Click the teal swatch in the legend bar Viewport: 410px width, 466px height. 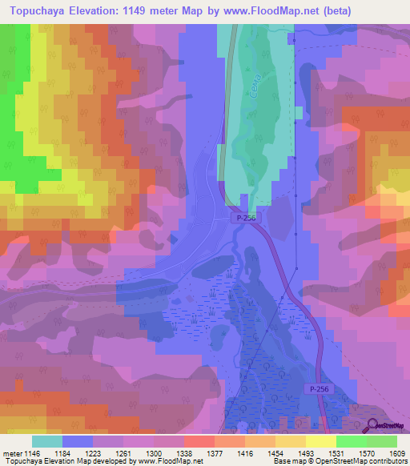[47, 441]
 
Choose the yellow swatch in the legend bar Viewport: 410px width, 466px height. [321, 441]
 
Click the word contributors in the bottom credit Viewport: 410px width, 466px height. [387, 461]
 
